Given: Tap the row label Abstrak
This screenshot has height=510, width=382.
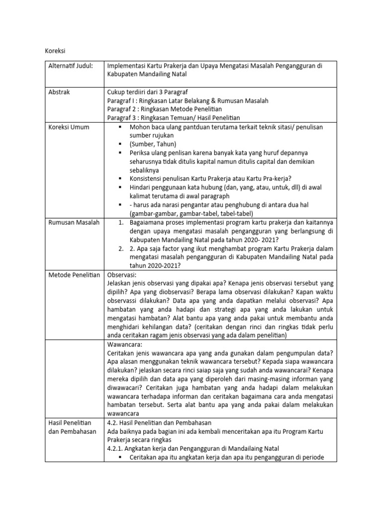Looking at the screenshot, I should (x=59, y=92).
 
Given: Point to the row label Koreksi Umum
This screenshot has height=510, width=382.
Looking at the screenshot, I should (x=69, y=127).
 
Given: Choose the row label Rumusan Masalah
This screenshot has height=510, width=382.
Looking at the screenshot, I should (x=73, y=222).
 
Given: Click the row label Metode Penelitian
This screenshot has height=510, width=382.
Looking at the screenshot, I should (x=74, y=274).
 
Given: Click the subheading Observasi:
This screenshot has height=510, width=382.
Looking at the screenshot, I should (x=125, y=274).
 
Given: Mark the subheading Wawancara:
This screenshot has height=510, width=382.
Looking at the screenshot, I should (x=126, y=344).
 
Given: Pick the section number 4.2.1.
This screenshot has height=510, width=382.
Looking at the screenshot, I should (x=117, y=448).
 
